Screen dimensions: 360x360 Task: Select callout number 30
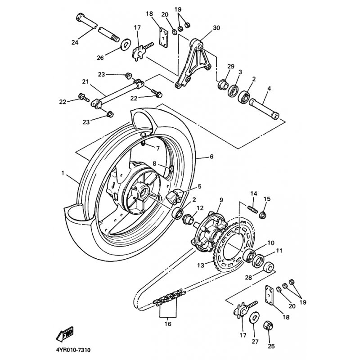coord(216,27)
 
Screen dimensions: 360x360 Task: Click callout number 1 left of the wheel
coord(63,172)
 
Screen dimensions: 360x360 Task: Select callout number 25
coord(271,346)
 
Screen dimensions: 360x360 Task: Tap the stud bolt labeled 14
coord(253,209)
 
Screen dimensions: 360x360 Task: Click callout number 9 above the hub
coord(221,199)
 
